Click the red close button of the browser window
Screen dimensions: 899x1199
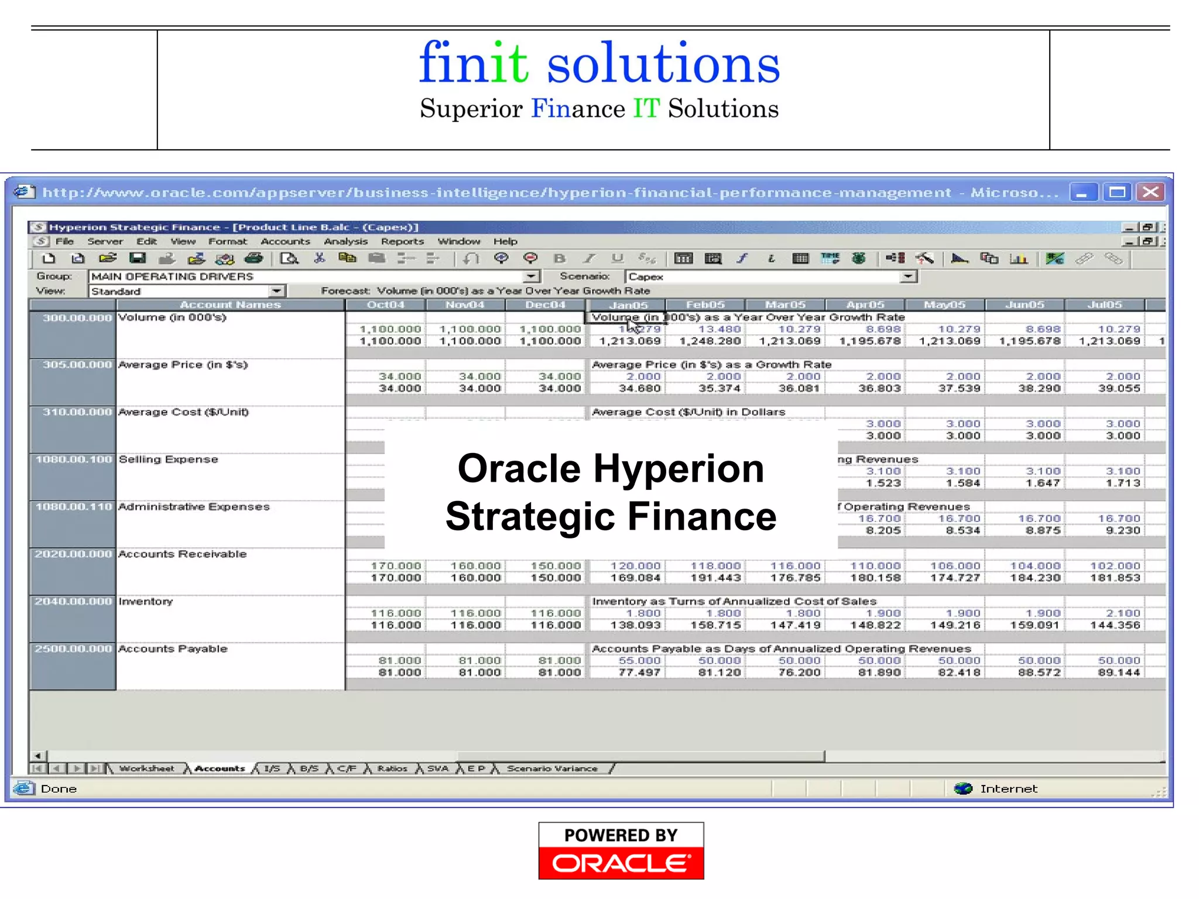pyautogui.click(x=1150, y=192)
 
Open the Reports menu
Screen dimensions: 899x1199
pyautogui.click(x=402, y=241)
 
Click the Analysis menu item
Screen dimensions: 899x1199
pyautogui.click(x=345, y=241)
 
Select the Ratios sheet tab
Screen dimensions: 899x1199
pyautogui.click(x=392, y=768)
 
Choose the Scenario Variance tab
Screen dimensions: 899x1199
pyautogui.click(x=552, y=768)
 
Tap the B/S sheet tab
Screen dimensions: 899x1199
pyautogui.click(x=309, y=768)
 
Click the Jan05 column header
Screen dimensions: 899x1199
pyautogui.click(x=628, y=305)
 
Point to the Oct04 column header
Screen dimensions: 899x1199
pyautogui.click(x=386, y=305)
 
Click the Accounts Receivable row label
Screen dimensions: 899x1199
pyautogui.click(x=182, y=554)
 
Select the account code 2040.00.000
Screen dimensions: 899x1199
pyautogui.click(x=73, y=602)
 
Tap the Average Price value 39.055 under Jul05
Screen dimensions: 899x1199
pyautogui.click(x=1119, y=389)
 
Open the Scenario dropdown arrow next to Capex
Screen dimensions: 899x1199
pyautogui.click(x=907, y=276)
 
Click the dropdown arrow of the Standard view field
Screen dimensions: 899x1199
pyautogui.click(x=276, y=291)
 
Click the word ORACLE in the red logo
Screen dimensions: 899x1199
pyautogui.click(x=621, y=863)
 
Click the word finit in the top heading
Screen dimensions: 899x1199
pyautogui.click(x=473, y=63)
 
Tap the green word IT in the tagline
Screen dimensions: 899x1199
pyautogui.click(x=646, y=109)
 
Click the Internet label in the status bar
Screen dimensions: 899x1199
pyautogui.click(x=1008, y=789)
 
